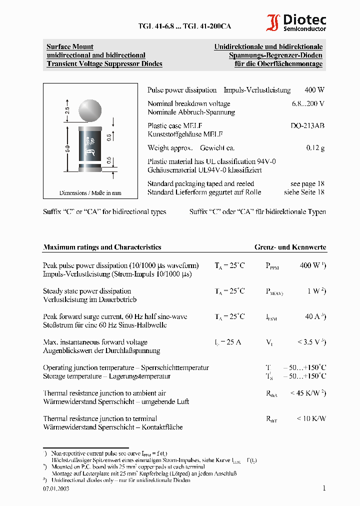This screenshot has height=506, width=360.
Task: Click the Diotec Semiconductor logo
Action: point(296,23)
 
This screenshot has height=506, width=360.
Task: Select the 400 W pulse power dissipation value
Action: point(314,90)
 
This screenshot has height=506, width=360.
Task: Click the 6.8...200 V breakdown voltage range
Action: point(308,104)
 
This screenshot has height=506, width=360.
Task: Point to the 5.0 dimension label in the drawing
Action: point(67,148)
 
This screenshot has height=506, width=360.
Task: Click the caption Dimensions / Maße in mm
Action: point(90,193)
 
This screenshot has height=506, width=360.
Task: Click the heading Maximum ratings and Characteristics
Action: point(102,247)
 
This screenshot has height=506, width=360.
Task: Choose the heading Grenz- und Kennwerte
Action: point(290,247)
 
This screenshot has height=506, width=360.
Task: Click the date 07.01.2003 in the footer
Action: point(56,488)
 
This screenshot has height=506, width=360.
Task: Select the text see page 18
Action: point(307,183)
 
